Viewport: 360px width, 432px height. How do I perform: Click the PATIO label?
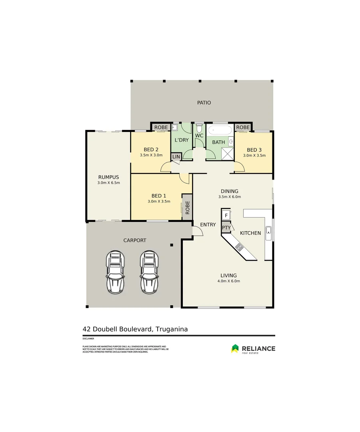click(x=204, y=103)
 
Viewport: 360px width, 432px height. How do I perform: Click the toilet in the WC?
click(x=199, y=129)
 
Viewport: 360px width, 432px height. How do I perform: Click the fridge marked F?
click(x=226, y=215)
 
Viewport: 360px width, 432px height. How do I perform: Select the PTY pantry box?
click(x=226, y=228)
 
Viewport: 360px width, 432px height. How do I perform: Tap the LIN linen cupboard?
click(x=176, y=157)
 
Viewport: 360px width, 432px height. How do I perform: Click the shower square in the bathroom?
click(x=228, y=154)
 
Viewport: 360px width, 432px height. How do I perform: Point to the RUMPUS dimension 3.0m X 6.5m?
click(x=108, y=183)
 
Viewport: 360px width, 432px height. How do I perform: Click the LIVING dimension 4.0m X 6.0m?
click(x=228, y=281)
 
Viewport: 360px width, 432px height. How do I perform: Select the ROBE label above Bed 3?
click(x=243, y=127)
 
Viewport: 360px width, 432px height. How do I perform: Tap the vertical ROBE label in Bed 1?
click(x=187, y=206)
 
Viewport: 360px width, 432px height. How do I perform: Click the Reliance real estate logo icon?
click(x=235, y=349)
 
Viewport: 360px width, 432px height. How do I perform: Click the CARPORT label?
click(x=135, y=240)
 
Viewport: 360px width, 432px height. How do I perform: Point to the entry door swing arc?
click(x=197, y=231)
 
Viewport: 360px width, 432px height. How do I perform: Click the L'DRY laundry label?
click(x=181, y=140)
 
